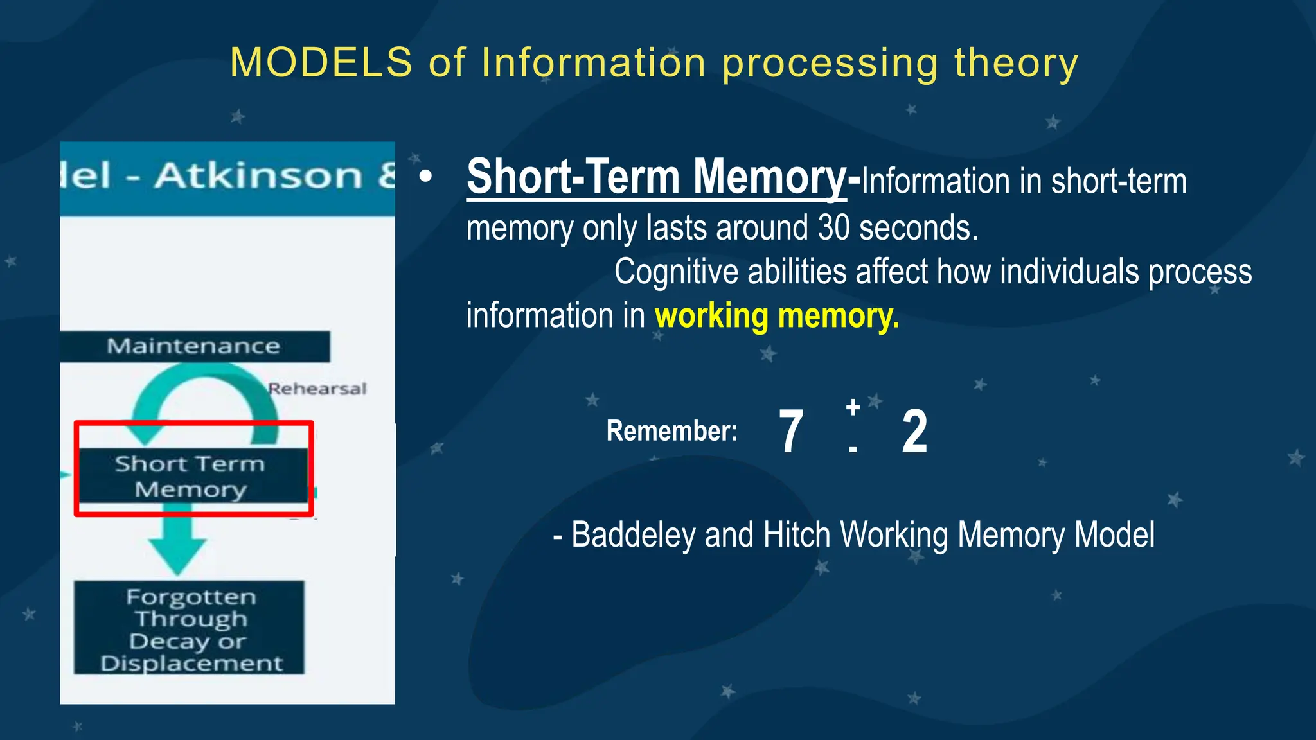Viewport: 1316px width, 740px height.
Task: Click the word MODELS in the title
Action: click(x=321, y=63)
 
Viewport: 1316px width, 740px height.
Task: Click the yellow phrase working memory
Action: click(x=776, y=317)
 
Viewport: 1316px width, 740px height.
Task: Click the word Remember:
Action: click(x=671, y=431)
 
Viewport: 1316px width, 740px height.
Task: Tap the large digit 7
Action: click(x=791, y=432)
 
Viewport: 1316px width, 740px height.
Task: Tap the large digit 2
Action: click(x=914, y=432)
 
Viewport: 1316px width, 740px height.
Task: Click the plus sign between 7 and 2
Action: click(x=853, y=407)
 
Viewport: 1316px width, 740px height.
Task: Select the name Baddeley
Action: click(x=632, y=535)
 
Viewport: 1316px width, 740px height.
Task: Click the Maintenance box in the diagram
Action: click(x=193, y=346)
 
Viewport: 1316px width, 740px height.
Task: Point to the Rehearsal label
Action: click(x=317, y=389)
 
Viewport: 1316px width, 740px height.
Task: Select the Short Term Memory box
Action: click(x=191, y=476)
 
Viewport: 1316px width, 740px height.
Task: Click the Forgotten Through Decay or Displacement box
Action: click(x=190, y=628)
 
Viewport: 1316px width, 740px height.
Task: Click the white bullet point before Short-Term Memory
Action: click(x=425, y=176)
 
